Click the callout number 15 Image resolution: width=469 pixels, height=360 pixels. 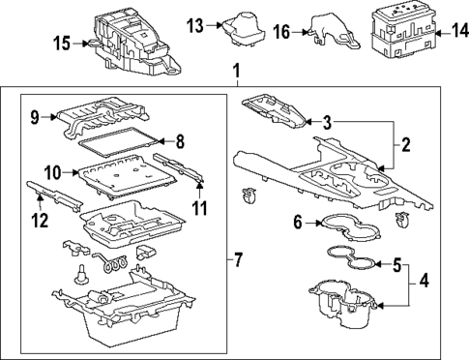click(x=62, y=42)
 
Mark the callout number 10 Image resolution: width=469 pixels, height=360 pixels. click(x=54, y=172)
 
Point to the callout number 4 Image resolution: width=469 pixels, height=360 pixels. click(x=423, y=285)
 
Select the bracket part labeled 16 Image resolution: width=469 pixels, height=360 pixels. click(x=334, y=31)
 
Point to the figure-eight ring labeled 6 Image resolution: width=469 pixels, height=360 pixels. click(x=352, y=224)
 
